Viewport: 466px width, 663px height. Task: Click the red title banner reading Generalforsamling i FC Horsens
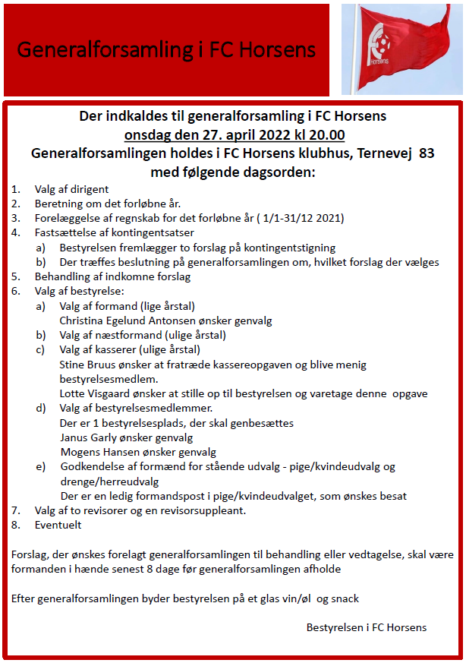click(166, 50)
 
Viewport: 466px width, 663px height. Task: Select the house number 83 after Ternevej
click(427, 153)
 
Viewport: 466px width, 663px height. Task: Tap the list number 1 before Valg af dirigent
click(15, 190)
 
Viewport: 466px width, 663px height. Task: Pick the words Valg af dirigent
click(71, 190)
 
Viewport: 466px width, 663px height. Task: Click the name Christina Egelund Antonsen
click(134, 320)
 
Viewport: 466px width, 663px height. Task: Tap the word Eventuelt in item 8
click(58, 525)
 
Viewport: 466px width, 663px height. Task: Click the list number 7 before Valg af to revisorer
click(15, 510)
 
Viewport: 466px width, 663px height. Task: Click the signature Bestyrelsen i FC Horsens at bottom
click(367, 627)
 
